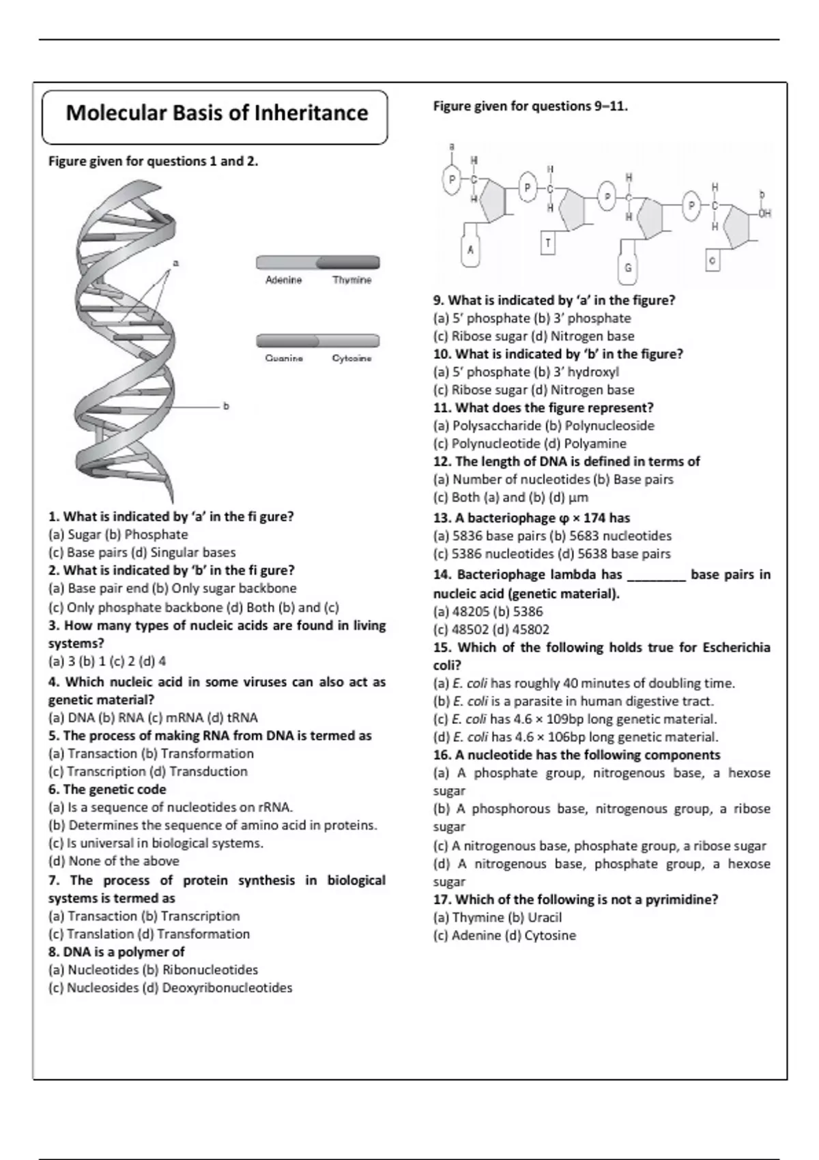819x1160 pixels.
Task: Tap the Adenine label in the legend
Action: pos(283,280)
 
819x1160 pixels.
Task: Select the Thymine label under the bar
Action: pos(351,280)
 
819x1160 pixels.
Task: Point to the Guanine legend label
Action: pos(284,358)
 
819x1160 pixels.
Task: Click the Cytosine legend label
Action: pos(351,358)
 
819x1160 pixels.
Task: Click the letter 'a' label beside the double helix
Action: pos(175,263)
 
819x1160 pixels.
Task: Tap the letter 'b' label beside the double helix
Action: pos(227,406)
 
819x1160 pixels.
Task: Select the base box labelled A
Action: pos(470,250)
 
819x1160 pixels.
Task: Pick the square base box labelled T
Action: pos(548,243)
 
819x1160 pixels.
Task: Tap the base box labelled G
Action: pos(628,267)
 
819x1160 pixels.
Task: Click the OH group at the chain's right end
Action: pos(764,214)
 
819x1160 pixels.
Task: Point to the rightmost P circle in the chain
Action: pos(691,205)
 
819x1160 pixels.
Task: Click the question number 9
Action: pos(439,300)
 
